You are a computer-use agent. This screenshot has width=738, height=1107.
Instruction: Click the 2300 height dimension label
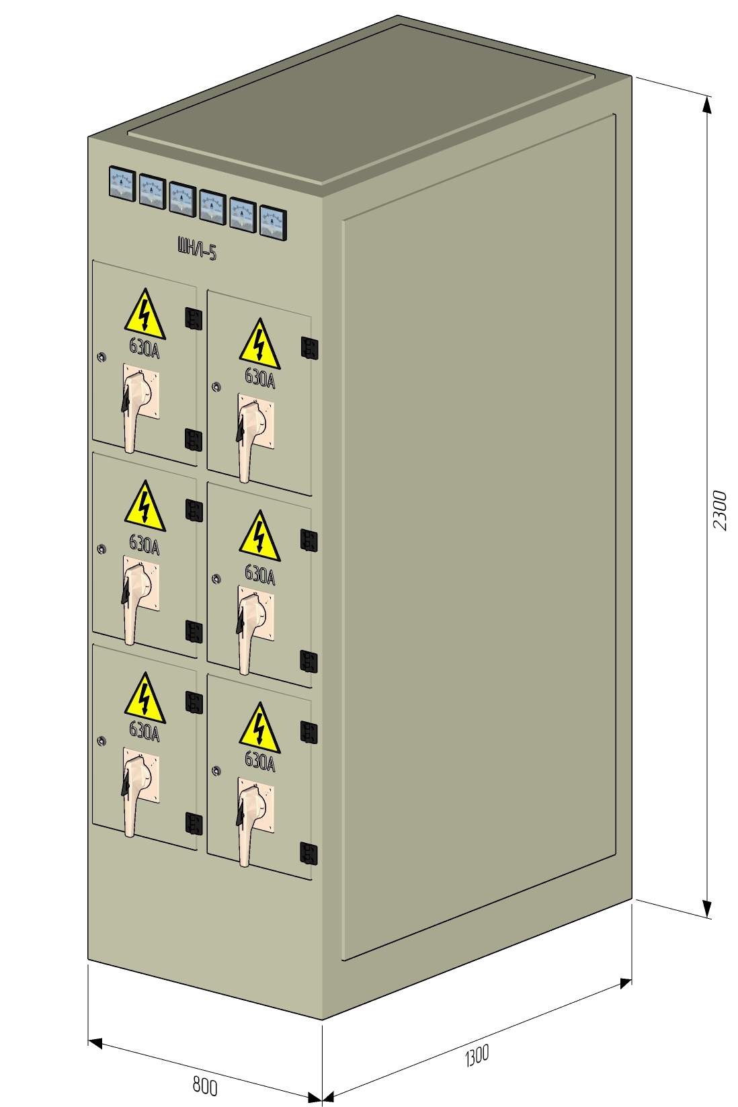(720, 510)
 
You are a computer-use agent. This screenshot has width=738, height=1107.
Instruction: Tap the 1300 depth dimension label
(477, 1055)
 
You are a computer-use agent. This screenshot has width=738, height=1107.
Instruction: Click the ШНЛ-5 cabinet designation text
(197, 249)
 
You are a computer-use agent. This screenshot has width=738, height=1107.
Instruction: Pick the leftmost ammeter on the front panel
(122, 183)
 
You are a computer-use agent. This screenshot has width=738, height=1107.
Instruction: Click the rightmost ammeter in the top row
(273, 221)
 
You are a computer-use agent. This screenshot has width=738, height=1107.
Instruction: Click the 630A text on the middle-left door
(145, 544)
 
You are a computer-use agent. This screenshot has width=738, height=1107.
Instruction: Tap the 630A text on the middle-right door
(259, 574)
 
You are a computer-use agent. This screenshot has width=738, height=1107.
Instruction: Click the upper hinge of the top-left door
(194, 318)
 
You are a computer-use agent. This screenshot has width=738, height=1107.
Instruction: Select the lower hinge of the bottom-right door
(309, 853)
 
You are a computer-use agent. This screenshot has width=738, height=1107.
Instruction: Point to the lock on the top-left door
(101, 358)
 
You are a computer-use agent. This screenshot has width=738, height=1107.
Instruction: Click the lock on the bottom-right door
(216, 770)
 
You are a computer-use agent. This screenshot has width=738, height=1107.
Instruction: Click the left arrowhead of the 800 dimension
(95, 1043)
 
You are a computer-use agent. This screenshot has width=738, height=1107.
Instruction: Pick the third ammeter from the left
(182, 198)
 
